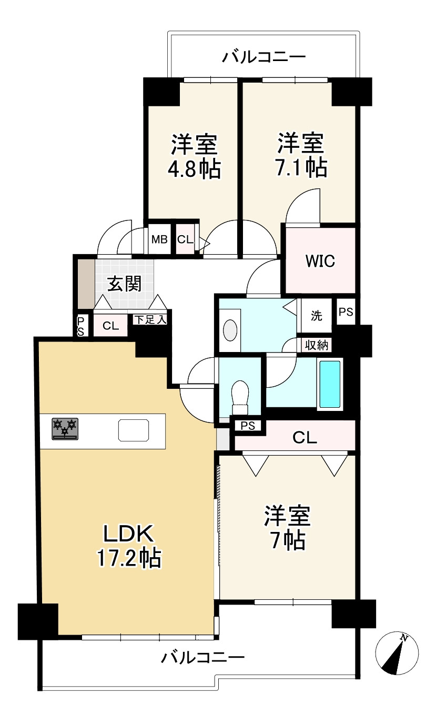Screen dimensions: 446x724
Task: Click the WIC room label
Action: pos(320,261)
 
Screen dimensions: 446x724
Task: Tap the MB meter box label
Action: pos(160,239)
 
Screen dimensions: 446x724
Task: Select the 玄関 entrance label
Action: pos(125,284)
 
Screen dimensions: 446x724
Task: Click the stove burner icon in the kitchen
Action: pos(65,429)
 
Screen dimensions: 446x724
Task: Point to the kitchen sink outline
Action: pos(134,430)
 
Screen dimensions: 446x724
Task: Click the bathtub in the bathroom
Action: pos(330,384)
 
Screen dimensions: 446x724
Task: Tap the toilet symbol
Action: pos(240,397)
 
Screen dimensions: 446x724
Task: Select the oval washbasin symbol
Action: pos(230,330)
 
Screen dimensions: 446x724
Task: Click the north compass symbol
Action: pos(397,653)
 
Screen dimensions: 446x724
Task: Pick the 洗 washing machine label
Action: pos(317,316)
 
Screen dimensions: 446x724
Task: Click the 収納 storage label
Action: pos(317,345)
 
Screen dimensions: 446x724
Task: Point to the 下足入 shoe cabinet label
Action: pos(150,320)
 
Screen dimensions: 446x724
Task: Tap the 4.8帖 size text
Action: pos(194,168)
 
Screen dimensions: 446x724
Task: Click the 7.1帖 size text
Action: pos(301,167)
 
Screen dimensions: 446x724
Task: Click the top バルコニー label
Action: pos(263,57)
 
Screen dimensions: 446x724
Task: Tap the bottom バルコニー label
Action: pos(202,657)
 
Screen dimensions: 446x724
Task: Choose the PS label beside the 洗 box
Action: pos(346,312)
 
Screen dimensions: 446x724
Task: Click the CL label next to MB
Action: pos(185,239)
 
